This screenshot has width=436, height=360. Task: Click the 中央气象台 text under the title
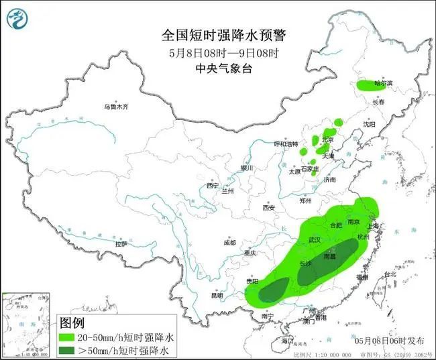(217, 68)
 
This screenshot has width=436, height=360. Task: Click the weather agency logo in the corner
(18, 19)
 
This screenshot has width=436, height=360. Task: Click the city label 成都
(229, 242)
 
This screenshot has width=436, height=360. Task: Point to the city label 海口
(288, 341)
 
